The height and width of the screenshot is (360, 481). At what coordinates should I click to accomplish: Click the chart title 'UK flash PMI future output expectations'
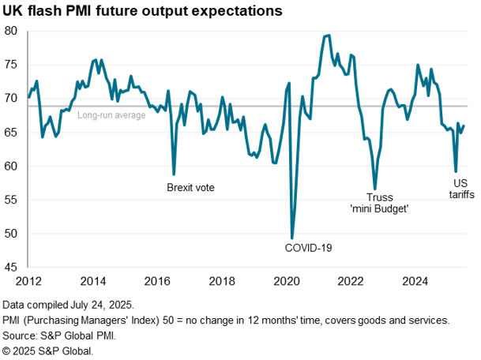(142, 11)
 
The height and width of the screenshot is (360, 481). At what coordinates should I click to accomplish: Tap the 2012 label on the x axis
(29, 281)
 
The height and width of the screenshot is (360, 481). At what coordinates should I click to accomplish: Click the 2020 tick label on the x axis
(286, 281)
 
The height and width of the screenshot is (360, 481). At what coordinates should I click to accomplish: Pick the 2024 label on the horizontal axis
(415, 281)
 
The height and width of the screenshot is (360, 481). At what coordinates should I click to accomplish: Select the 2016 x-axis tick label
(158, 281)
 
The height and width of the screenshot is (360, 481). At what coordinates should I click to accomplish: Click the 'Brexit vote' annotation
(190, 188)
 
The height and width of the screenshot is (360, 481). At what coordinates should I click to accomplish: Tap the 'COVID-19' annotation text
(308, 248)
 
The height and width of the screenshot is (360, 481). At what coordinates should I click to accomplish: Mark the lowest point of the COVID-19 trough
(292, 238)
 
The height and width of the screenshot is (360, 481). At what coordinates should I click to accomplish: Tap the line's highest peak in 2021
(329, 35)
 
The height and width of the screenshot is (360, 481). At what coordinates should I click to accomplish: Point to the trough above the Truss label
(375, 188)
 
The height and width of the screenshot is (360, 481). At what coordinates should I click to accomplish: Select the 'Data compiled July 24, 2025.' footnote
(69, 305)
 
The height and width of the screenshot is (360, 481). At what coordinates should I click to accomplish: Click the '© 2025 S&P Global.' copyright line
(47, 350)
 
